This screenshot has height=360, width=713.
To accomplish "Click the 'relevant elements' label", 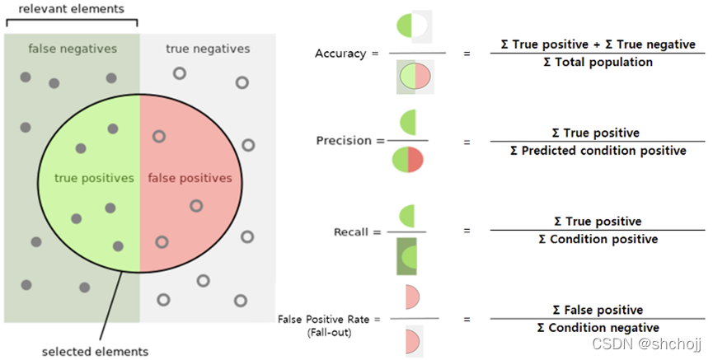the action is tap(72, 9).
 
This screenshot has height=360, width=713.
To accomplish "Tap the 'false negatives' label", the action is tap(73, 49).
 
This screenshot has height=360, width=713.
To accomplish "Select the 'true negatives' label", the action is tap(208, 49).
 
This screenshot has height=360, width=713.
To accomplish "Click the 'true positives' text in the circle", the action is tap(94, 178).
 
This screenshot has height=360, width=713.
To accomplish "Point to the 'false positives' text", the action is tap(190, 178).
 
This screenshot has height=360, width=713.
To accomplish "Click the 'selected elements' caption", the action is tap(95, 352).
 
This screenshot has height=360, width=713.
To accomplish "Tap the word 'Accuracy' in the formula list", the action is tap(340, 54).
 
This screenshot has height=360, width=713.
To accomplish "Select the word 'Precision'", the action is tap(344, 141).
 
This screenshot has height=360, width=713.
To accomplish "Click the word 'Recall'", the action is tap(350, 232).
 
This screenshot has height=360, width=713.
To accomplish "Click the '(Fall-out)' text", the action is tap(329, 333).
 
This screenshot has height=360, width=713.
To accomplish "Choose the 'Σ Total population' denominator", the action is tap(598, 63).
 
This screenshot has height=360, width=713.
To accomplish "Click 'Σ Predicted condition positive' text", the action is tap(598, 151).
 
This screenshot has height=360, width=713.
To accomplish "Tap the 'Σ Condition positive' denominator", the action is tap(598, 240).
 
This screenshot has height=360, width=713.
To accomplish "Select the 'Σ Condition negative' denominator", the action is tap(598, 328).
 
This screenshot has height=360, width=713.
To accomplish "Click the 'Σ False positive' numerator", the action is tap(598, 310).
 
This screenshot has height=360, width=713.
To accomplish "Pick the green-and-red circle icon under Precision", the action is tap(408, 160).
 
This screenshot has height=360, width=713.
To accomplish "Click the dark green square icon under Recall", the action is tap(406, 256).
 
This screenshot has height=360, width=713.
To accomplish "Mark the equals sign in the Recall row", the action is tap(467, 231).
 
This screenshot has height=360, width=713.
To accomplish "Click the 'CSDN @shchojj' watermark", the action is tap(646, 344).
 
